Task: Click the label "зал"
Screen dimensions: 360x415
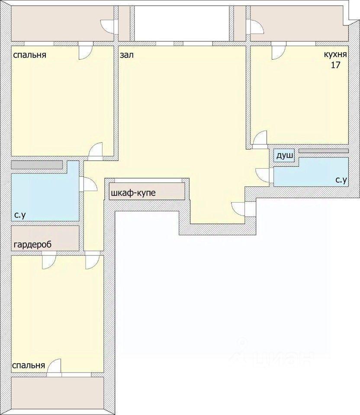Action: point(127,55)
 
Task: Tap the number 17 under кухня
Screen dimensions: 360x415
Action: point(335,65)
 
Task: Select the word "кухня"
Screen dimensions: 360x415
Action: point(335,54)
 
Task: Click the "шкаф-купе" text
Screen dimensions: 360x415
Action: point(133,193)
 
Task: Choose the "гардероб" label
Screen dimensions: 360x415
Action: point(32,245)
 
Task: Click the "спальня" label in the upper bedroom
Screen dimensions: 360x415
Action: point(30,55)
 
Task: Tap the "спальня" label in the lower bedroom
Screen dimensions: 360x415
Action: point(29,366)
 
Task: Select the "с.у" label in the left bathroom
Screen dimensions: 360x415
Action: point(20,215)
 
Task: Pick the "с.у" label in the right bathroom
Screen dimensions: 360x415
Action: point(341,180)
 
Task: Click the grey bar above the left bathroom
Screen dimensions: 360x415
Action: point(37,165)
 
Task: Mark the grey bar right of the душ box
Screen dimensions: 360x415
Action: point(324,150)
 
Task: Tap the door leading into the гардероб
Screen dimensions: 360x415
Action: point(49,260)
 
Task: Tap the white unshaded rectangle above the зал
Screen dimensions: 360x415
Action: point(182,23)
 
